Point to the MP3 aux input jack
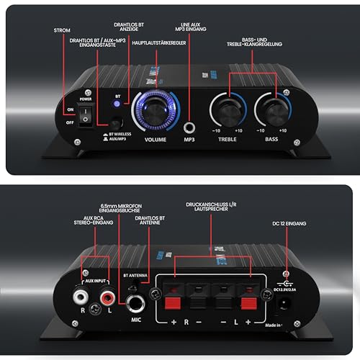[190, 112]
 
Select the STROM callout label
[63, 32]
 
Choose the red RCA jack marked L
[107, 295]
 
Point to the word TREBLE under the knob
[228, 140]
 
